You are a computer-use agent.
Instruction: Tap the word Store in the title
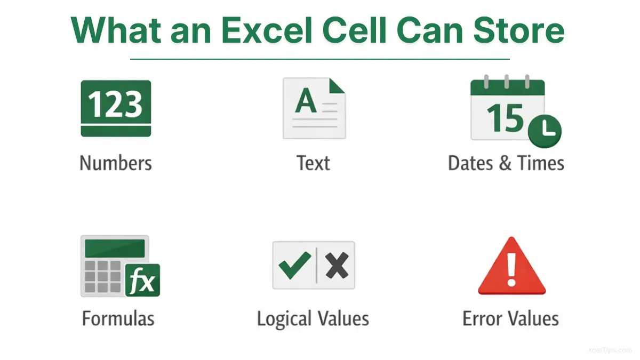point(518,30)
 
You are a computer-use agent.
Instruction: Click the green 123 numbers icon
point(116,108)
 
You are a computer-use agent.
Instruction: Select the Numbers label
point(116,163)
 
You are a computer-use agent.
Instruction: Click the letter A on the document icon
point(306,100)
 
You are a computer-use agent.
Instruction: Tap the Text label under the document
point(314,163)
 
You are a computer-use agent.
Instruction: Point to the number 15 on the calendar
point(505,117)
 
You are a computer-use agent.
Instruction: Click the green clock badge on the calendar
point(545,131)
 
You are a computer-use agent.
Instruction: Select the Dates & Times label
point(506,163)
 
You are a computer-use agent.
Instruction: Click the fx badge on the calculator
point(142,281)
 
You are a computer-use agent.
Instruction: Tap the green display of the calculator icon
point(115,249)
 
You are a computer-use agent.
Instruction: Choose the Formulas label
point(118,318)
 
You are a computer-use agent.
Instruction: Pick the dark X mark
point(337,266)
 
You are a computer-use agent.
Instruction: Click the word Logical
point(284,319)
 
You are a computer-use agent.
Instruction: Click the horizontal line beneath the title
point(320,59)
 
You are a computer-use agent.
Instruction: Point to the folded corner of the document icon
point(337,85)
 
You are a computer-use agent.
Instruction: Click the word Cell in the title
point(354,30)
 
